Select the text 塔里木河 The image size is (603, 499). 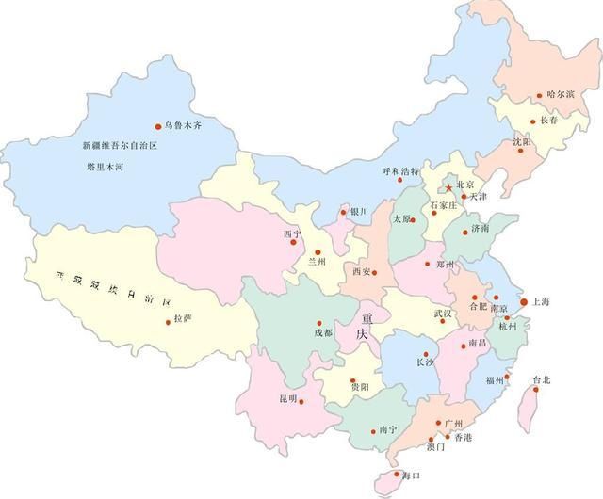[x=106, y=167]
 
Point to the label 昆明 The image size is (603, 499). [x=287, y=399]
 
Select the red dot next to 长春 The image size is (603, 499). [x=533, y=121]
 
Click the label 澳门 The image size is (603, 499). [x=435, y=448]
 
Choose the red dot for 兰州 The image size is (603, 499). [x=318, y=251]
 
